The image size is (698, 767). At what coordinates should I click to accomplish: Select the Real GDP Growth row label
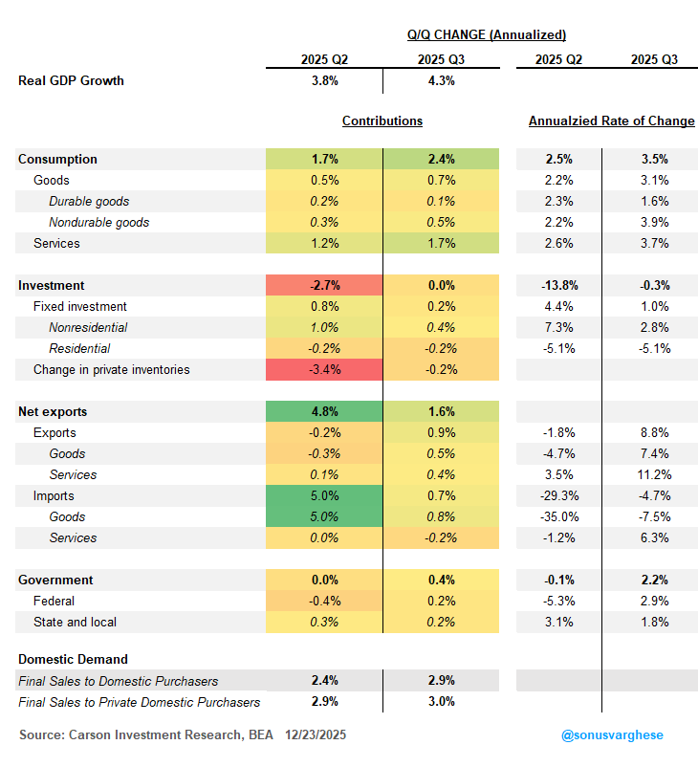[x=72, y=80]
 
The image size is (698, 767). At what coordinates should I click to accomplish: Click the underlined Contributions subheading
[x=382, y=121]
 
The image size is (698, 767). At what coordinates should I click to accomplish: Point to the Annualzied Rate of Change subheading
[x=611, y=121]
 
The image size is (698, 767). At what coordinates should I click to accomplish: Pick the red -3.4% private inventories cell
[x=324, y=369]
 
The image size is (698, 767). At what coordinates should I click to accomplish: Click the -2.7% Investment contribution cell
[x=324, y=285]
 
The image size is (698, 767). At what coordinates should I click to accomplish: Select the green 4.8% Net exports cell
[x=324, y=411]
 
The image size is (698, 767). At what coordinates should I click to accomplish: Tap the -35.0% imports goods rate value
[x=558, y=516]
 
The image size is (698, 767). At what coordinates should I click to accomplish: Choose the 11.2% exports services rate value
[x=655, y=474]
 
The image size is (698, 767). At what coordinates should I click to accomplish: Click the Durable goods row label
[x=89, y=201]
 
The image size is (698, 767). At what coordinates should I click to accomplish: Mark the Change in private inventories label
[x=112, y=369]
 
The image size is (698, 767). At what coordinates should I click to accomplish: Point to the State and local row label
[x=74, y=622]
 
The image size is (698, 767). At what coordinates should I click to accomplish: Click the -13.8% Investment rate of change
[x=558, y=285]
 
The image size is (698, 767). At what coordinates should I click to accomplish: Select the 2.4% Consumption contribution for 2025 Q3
[x=441, y=159]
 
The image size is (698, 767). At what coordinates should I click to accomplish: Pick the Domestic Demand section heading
[x=74, y=659]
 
